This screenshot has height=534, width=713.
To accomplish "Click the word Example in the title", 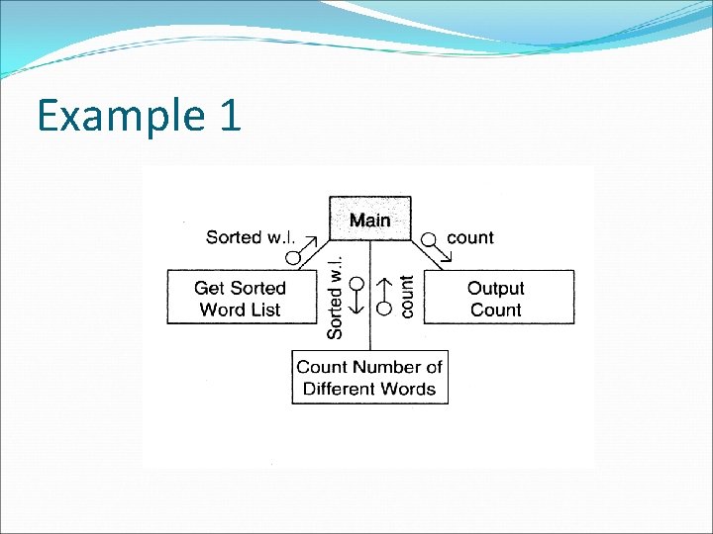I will [x=109, y=116].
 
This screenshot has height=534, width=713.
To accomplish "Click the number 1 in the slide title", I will [x=227, y=116].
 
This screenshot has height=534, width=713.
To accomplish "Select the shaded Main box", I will [x=369, y=219].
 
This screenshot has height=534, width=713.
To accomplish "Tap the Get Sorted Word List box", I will [x=240, y=298].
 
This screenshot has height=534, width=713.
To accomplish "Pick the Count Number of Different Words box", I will [x=369, y=377].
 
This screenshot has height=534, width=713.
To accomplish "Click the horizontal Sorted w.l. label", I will [x=248, y=237].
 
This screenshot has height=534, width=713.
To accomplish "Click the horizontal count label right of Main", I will [x=470, y=237].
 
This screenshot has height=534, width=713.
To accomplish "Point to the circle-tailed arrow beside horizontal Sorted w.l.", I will [x=301, y=248].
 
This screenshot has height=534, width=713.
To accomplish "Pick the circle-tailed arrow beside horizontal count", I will [x=436, y=247].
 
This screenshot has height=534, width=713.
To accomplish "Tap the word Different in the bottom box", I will [x=343, y=388].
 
